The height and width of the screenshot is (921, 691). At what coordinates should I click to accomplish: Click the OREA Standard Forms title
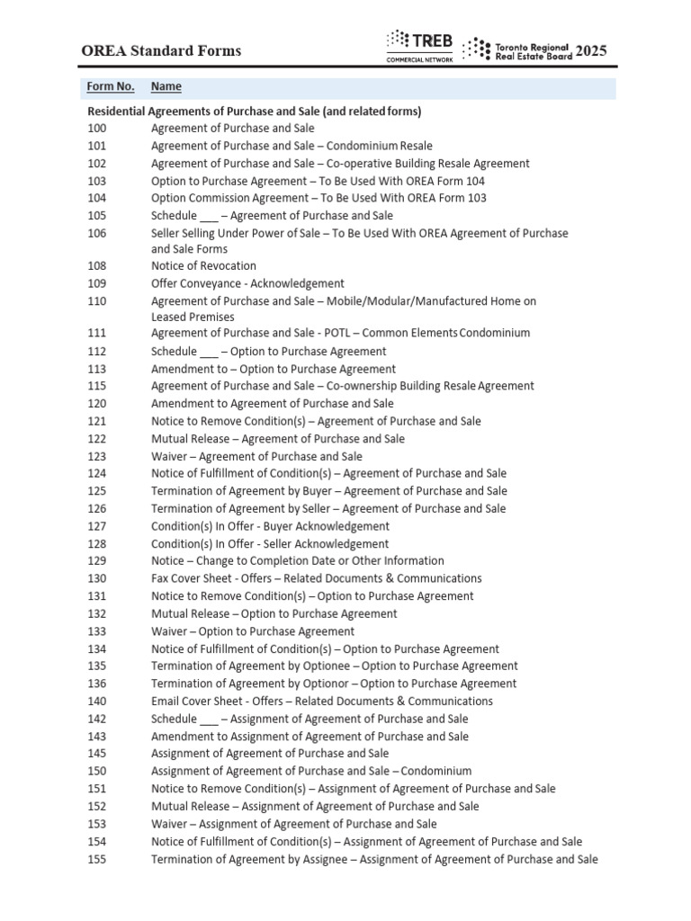tap(162, 50)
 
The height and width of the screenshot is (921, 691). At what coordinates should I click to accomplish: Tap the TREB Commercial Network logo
tap(419, 46)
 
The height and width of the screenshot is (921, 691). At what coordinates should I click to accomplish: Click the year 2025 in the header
tap(591, 50)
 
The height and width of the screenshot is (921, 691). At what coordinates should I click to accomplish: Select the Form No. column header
tap(111, 86)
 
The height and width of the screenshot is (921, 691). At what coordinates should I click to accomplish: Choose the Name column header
tap(166, 86)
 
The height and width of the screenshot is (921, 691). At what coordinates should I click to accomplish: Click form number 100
tap(96, 129)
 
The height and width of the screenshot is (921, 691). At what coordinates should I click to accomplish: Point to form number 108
tap(96, 266)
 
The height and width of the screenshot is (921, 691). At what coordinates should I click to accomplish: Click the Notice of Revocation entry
tap(203, 266)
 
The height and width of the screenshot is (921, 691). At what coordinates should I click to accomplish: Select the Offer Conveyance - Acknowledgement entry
tap(247, 283)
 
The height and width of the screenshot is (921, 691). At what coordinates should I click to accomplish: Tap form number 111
tap(96, 333)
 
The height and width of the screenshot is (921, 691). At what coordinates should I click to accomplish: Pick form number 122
tap(96, 439)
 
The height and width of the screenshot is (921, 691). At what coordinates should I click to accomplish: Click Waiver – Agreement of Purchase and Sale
tap(256, 456)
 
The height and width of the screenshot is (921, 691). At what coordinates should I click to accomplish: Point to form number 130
tap(96, 578)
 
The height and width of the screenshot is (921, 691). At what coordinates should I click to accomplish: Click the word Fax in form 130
tap(160, 578)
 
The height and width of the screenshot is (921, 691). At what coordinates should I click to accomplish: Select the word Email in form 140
tap(166, 702)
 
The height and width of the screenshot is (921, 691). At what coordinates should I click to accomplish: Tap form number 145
tap(96, 754)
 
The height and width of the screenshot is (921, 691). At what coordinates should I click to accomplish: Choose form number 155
tap(96, 859)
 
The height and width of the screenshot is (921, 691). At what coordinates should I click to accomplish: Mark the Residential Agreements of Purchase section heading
tap(254, 112)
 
